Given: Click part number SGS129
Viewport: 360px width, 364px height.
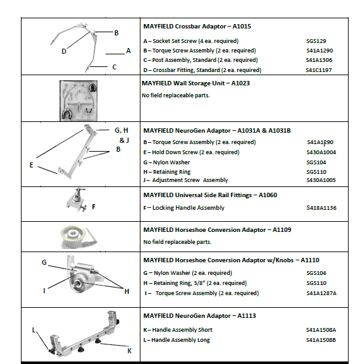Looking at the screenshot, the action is (316, 41).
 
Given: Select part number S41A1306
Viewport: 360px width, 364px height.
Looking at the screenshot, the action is (319, 60).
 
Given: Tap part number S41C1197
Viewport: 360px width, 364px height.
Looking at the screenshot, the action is (319, 70).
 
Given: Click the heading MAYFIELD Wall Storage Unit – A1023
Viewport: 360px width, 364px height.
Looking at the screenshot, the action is (196, 83).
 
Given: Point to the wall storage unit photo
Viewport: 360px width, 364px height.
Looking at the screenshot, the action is (78, 100).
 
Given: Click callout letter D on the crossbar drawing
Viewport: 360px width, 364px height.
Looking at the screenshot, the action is (64, 51).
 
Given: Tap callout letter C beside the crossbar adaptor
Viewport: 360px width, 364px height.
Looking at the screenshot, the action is (115, 67).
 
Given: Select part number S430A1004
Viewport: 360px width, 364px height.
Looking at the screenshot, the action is (321, 152).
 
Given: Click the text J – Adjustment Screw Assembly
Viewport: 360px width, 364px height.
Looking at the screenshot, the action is (185, 180).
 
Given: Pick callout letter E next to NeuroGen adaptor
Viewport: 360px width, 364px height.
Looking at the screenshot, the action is (32, 165).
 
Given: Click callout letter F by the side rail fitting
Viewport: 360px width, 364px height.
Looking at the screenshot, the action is (94, 207).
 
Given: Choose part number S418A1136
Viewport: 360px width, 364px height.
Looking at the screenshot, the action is (321, 208).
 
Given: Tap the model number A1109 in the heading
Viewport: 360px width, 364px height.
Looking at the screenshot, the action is (282, 230).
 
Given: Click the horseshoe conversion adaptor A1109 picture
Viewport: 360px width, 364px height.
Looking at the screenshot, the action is (78, 237).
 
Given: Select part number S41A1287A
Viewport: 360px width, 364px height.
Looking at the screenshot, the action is (321, 293).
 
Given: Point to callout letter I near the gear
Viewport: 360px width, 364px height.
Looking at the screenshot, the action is (44, 291).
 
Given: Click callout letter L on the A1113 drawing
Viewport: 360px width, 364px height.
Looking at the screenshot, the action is (34, 330).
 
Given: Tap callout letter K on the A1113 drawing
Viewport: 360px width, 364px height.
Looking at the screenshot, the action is (130, 351).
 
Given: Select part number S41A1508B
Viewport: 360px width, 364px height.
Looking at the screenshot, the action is (321, 340).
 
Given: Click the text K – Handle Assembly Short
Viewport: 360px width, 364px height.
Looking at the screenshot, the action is (178, 330).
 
